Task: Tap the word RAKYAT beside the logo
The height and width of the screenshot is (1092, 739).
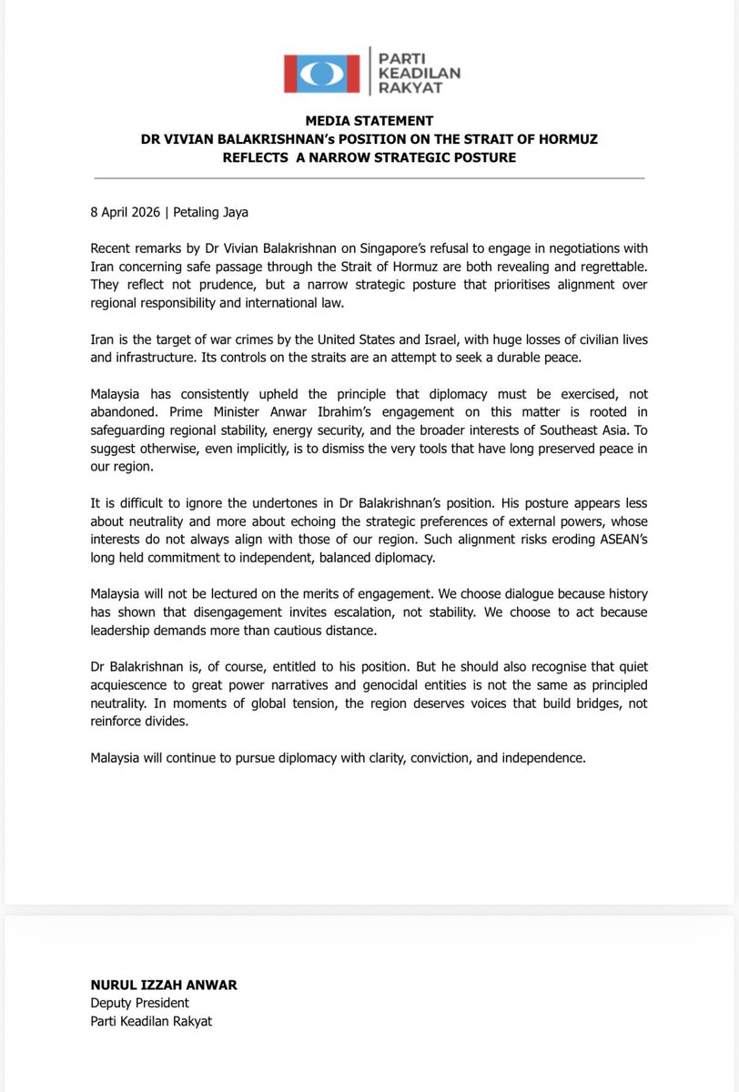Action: pyautogui.click(x=405, y=89)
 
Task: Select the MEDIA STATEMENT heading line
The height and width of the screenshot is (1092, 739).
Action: pyautogui.click(x=369, y=121)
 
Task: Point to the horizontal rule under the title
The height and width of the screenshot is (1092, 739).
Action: pyautogui.click(x=369, y=177)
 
